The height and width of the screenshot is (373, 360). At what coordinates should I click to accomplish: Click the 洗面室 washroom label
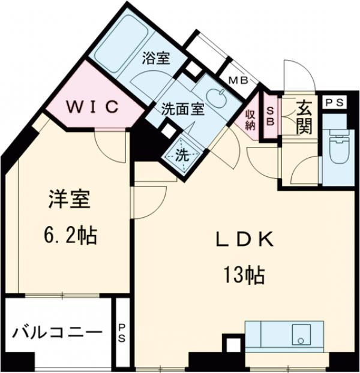point(182,109)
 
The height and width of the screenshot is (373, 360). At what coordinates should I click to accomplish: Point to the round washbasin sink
point(216,96)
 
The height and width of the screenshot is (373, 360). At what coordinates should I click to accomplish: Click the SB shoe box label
point(270,115)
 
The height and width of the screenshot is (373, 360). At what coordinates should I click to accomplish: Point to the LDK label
point(245,240)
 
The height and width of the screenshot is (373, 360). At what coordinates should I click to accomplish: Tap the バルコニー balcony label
point(53,331)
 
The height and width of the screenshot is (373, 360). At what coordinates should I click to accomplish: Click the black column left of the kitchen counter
point(231,346)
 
